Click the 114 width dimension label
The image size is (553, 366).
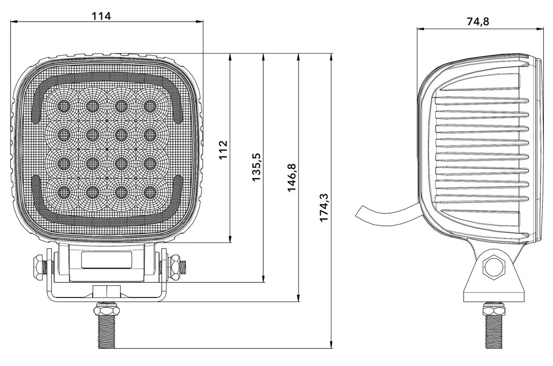tap(101, 16)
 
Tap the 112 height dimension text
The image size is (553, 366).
tap(223, 150)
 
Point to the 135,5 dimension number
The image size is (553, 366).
tap(257, 167)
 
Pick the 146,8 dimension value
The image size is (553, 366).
tap(292, 178)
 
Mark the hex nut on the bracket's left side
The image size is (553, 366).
tap(36, 265)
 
